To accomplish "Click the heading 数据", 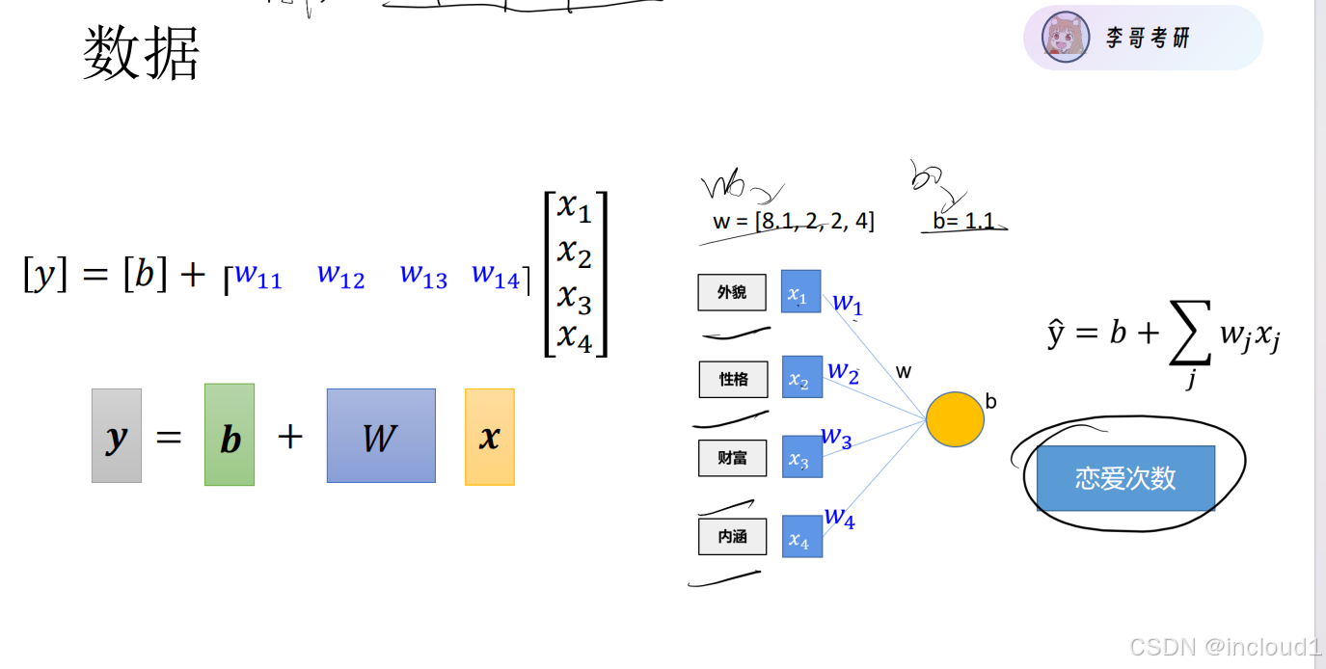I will click(141, 53).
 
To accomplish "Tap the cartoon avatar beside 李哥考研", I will click(1066, 38).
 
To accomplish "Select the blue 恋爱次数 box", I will click(1125, 478).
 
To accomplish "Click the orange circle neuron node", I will click(955, 419).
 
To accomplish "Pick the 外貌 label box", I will click(732, 292).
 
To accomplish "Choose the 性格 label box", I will click(733, 379).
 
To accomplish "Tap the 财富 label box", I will click(732, 458).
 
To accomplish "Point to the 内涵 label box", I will click(732, 537).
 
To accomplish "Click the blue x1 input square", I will click(800, 292).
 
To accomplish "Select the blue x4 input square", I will click(801, 537).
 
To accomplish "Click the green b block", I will click(230, 435).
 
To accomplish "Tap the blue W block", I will click(381, 436).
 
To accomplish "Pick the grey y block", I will click(117, 436).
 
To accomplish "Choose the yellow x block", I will click(490, 437).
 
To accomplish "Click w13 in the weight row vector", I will click(423, 276).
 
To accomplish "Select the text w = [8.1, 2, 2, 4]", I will click(794, 222).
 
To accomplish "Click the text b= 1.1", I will click(962, 222).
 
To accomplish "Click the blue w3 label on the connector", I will click(836, 438).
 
